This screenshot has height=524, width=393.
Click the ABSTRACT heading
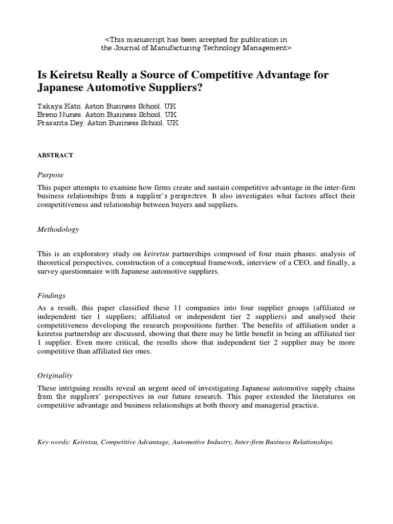55,155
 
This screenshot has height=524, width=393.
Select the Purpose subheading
51,174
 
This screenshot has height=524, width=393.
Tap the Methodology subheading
58,229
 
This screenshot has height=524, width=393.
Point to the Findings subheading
52,296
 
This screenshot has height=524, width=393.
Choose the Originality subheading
55,375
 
